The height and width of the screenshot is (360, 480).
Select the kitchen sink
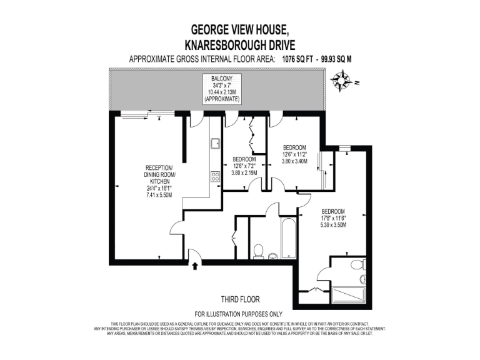[x=215, y=144]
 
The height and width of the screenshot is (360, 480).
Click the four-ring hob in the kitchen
[x=215, y=176]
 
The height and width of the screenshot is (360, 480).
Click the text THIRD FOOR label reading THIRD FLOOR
[x=240, y=299]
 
